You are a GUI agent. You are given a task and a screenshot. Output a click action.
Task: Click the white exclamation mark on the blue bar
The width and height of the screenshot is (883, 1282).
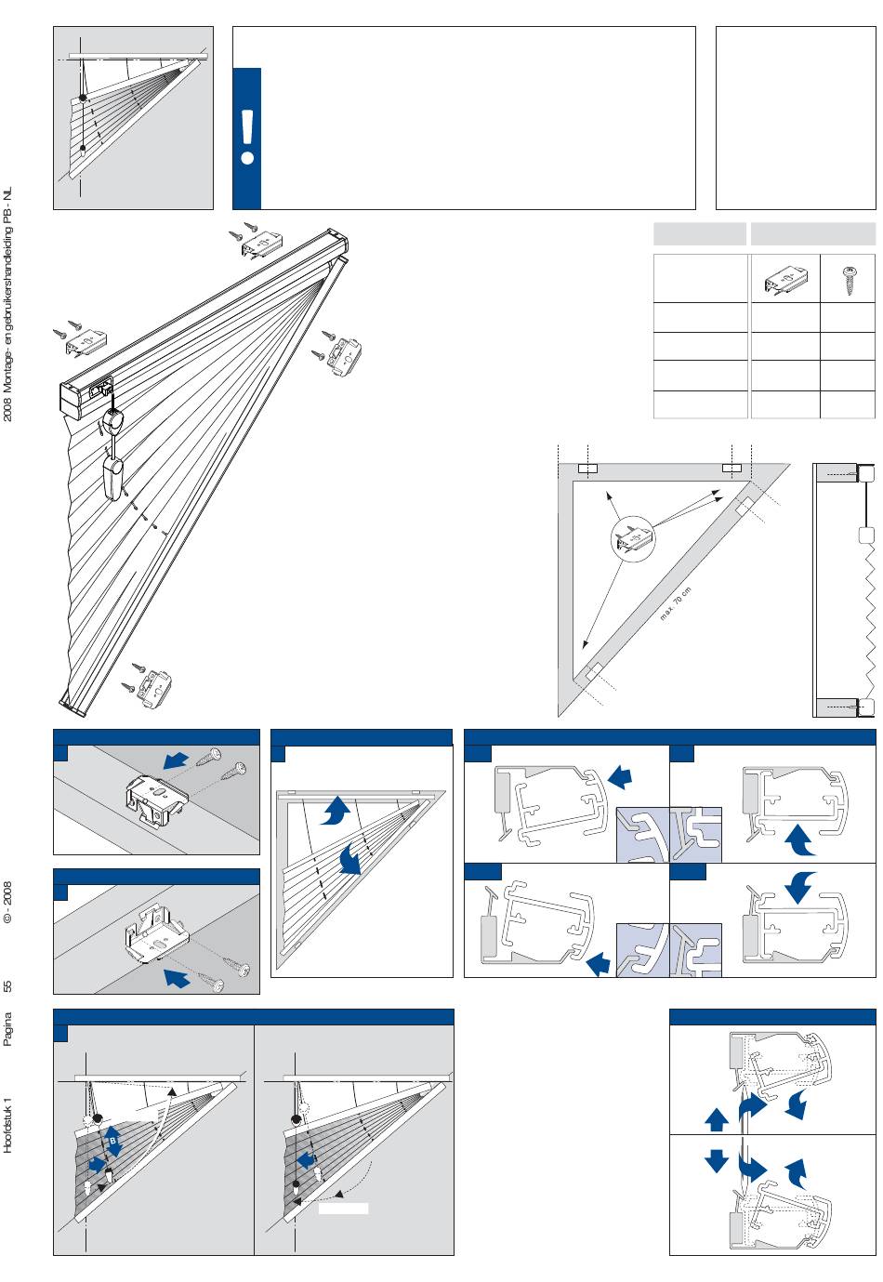pyautogui.click(x=247, y=137)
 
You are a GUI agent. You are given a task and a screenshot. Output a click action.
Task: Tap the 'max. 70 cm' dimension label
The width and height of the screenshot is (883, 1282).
pyautogui.click(x=676, y=603)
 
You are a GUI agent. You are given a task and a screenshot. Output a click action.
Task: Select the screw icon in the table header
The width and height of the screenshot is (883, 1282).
pyautogui.click(x=848, y=280)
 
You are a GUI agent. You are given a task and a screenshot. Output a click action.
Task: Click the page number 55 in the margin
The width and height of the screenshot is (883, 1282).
pyautogui.click(x=7, y=985)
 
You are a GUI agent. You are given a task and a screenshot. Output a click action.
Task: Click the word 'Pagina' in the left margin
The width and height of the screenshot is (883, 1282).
pyautogui.click(x=7, y=1029)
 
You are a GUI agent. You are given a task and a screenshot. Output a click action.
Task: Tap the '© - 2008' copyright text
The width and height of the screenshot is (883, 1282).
pyautogui.click(x=7, y=902)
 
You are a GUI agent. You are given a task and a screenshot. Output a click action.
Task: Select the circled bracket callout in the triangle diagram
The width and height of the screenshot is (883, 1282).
pyautogui.click(x=632, y=538)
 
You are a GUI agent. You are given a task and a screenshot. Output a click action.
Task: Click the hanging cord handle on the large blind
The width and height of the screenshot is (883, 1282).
pyautogui.click(x=112, y=472)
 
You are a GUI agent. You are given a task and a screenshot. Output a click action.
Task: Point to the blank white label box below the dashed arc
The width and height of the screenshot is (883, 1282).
pyautogui.click(x=343, y=1209)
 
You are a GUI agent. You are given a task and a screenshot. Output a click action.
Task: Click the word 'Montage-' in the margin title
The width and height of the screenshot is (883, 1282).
pyautogui.click(x=7, y=373)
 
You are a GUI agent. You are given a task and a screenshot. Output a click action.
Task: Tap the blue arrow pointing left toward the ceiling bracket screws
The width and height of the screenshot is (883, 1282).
pyautogui.click(x=176, y=760)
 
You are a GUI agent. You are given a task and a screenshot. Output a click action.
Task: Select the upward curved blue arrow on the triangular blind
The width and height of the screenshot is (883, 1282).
pyautogui.click(x=336, y=809)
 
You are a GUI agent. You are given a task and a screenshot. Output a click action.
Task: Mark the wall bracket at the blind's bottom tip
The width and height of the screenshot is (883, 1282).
pyautogui.click(x=153, y=686)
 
